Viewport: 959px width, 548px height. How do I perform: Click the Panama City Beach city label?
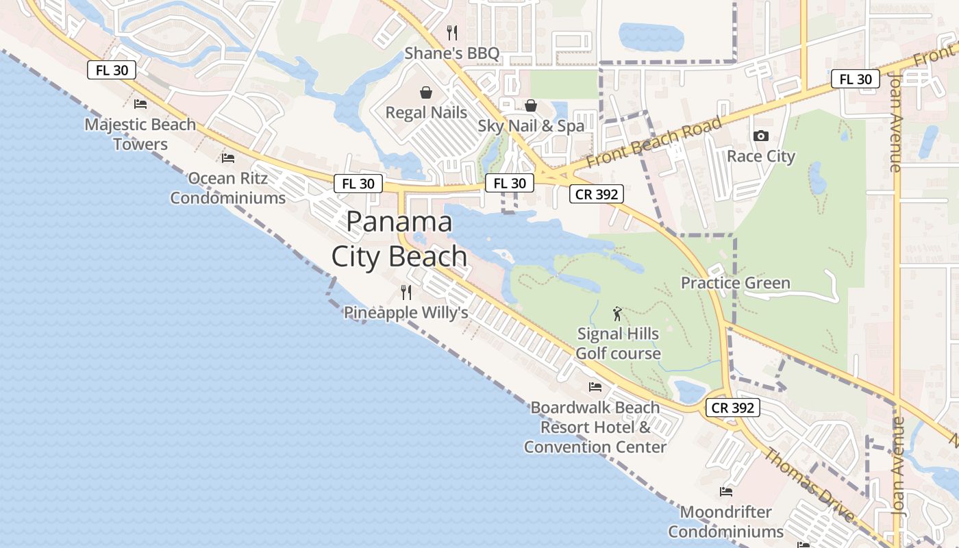tap(399, 239)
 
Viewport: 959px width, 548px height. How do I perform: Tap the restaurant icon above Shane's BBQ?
tap(451, 32)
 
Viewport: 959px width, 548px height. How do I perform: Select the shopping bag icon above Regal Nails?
tap(426, 92)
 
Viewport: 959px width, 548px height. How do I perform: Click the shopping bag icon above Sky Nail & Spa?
tap(531, 105)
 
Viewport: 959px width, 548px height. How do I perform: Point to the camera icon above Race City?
tap(760, 136)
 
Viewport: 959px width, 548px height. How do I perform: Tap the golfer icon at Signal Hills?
tap(618, 314)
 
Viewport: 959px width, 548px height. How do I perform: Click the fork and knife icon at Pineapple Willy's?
tap(406, 292)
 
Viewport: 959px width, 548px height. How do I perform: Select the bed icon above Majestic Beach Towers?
tap(140, 104)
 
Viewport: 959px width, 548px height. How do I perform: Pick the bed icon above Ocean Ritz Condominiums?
tap(228, 158)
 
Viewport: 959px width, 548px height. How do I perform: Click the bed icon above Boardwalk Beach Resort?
tap(595, 387)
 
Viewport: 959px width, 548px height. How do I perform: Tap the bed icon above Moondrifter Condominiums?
tap(726, 492)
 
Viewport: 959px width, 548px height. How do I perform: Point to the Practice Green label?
tap(735, 283)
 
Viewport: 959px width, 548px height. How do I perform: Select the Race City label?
tap(760, 156)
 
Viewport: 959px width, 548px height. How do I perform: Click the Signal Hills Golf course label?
tap(618, 344)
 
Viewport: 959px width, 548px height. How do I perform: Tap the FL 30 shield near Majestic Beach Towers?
tap(112, 69)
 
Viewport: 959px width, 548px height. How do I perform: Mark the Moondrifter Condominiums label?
tap(726, 522)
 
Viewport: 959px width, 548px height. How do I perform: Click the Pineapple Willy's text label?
tap(406, 313)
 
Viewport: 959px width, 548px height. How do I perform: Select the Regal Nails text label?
tap(426, 112)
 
